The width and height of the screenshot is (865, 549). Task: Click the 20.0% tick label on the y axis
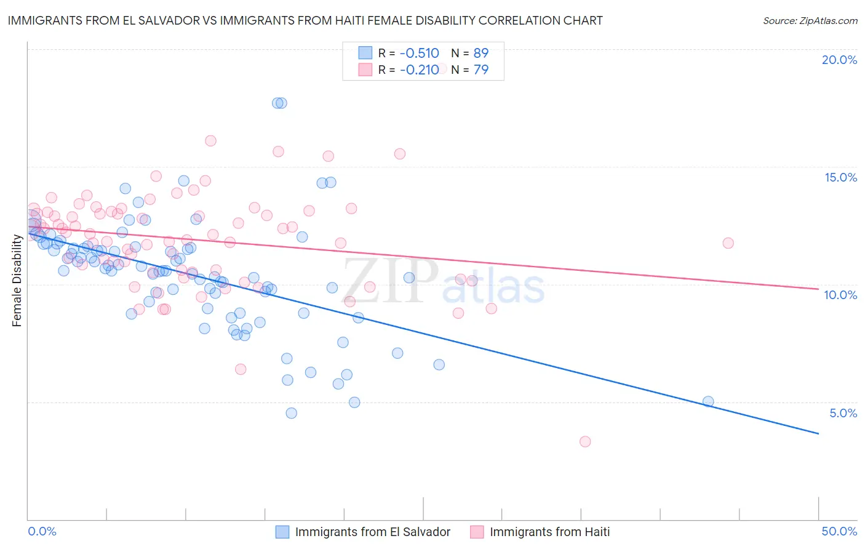[x=839, y=60]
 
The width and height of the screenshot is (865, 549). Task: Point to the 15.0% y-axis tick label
[x=840, y=177]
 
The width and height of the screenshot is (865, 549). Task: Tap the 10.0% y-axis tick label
[x=840, y=295]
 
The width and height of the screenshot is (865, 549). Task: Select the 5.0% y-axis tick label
[x=843, y=413]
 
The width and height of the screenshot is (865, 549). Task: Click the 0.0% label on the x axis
[x=42, y=531]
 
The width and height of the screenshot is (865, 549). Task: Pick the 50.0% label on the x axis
[x=839, y=531]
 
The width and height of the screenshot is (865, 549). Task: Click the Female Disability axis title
[x=17, y=281]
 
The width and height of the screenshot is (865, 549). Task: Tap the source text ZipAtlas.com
[x=810, y=21]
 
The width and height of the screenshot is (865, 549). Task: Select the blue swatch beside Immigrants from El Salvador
[x=282, y=532]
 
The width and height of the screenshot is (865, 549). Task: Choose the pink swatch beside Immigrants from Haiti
[x=477, y=532]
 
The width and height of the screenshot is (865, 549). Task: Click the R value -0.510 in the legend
[x=419, y=53]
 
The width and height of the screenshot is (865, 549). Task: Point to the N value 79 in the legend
[x=480, y=70]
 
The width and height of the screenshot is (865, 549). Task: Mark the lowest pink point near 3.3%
[x=585, y=441]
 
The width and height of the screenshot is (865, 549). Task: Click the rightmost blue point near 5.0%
[x=708, y=401]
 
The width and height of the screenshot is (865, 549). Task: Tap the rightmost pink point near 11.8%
[x=728, y=243]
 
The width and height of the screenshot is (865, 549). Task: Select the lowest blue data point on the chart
[x=292, y=413]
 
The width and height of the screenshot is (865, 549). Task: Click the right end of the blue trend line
[x=818, y=434]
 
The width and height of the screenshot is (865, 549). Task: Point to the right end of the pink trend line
[x=818, y=289]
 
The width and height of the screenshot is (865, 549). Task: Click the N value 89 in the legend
[x=480, y=53]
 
